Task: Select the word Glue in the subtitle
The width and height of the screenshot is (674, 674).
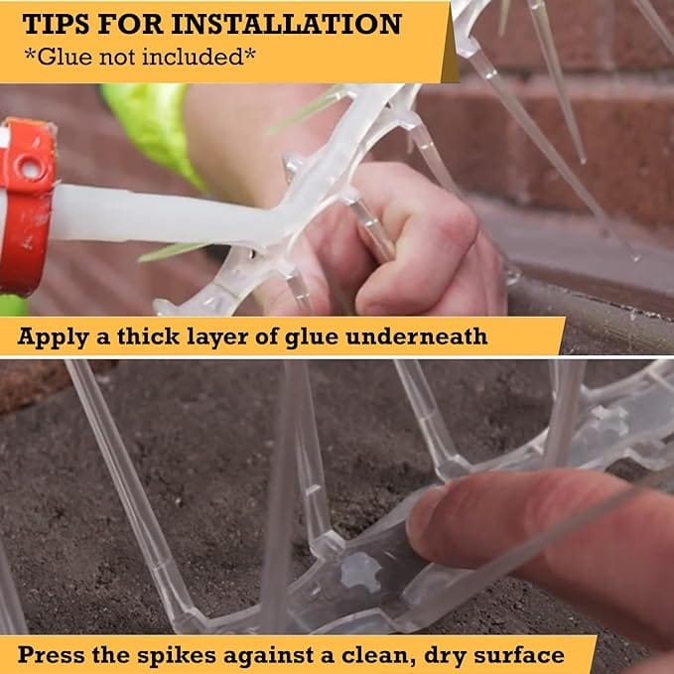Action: (65, 57)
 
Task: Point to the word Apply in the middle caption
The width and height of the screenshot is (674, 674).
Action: (53, 337)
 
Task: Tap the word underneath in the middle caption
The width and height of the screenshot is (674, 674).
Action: (417, 337)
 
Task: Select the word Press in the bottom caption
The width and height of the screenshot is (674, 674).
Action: (52, 655)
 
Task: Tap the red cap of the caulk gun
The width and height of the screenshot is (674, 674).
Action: (26, 206)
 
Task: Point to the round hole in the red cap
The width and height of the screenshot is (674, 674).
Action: (29, 169)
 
